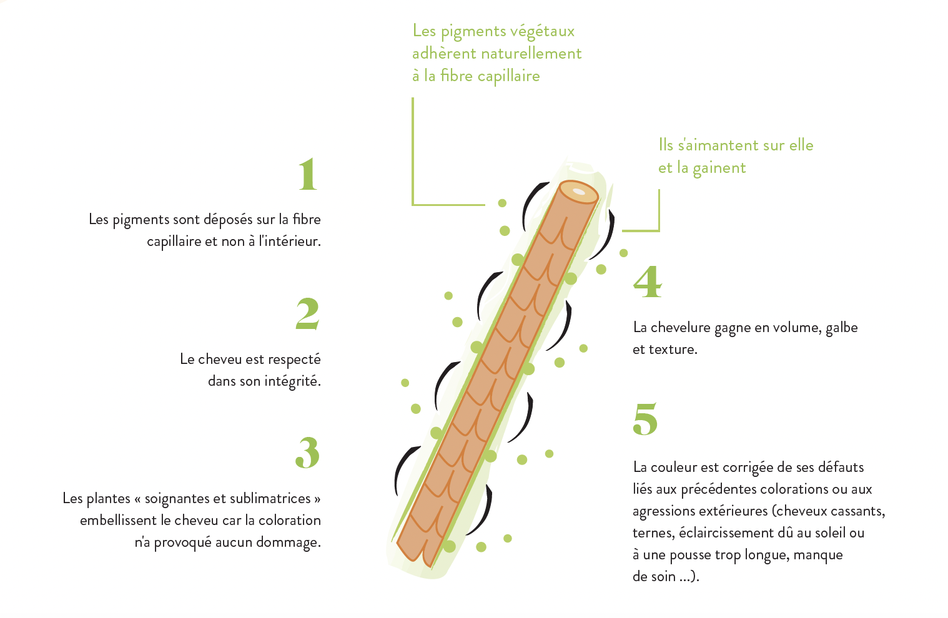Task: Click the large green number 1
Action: point(308,174)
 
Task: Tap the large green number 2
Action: point(307,313)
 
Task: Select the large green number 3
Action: point(307,453)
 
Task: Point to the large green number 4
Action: point(648,282)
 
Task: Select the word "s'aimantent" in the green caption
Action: point(711,145)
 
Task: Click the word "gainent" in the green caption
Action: point(719,169)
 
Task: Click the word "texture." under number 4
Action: point(673,350)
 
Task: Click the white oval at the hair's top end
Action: point(578,192)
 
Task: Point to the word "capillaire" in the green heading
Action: point(509,77)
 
